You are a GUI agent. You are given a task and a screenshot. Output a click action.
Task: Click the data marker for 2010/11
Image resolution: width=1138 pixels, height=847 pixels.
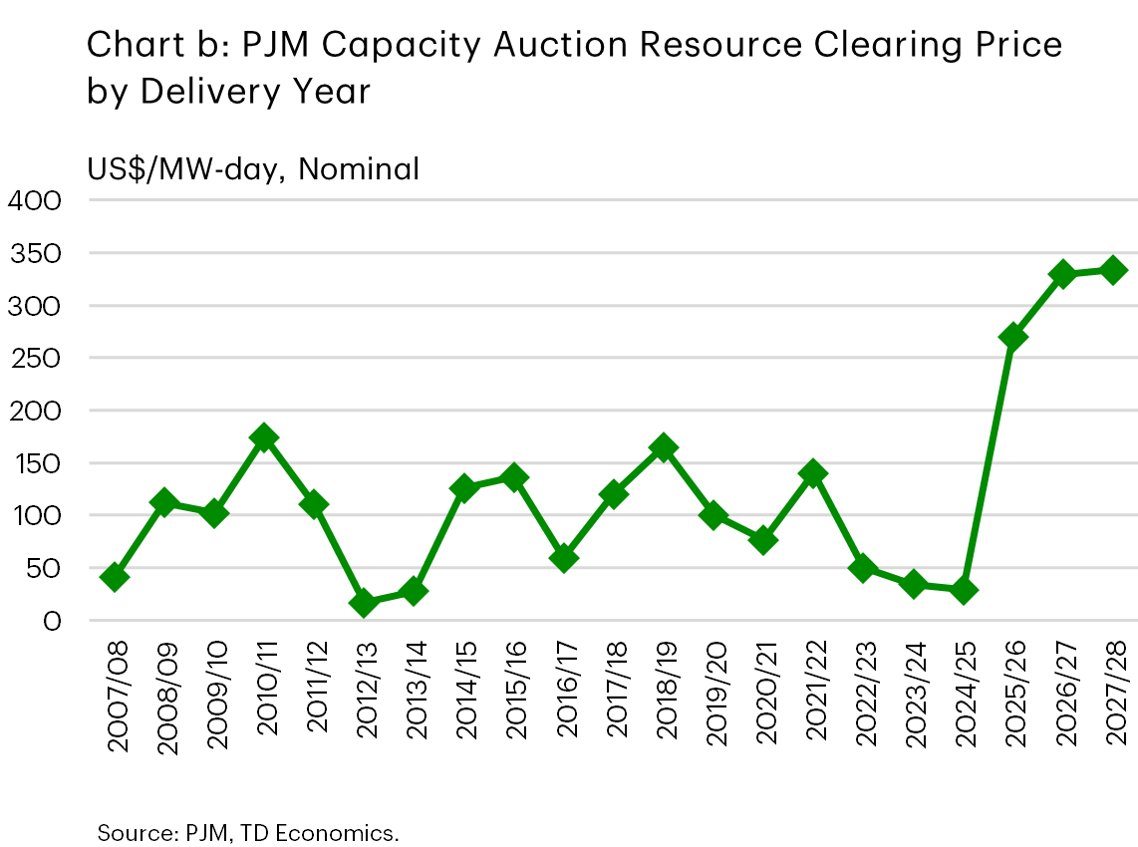click(x=264, y=437)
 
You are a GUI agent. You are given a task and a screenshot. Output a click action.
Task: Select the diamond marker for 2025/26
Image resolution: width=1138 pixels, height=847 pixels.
click(x=1013, y=337)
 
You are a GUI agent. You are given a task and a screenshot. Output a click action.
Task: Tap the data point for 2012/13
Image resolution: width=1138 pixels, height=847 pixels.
click(x=364, y=603)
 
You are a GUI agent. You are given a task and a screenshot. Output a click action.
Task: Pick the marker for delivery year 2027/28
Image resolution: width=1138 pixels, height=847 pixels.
click(x=1113, y=270)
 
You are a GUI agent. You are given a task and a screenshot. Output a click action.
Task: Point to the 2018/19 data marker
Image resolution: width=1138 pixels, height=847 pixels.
click(x=664, y=448)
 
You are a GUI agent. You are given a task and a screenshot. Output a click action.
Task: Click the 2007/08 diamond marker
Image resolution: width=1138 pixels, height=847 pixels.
click(x=115, y=577)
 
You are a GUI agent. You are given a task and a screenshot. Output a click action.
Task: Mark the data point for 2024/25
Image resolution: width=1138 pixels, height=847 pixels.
click(x=964, y=590)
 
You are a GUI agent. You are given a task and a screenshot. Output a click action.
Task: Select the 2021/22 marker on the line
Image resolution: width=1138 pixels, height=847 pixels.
click(x=813, y=473)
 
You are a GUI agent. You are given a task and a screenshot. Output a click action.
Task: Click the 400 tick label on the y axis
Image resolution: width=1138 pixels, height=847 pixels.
click(x=35, y=201)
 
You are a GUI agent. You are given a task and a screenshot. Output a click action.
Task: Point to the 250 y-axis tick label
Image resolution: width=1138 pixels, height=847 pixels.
click(x=35, y=359)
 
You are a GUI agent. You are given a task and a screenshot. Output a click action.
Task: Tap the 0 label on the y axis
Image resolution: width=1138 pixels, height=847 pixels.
click(x=52, y=621)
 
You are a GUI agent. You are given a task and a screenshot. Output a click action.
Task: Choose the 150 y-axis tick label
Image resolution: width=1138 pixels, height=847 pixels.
click(x=35, y=463)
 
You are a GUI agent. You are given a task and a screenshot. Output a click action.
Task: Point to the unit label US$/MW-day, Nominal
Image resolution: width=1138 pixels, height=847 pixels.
click(x=253, y=169)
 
